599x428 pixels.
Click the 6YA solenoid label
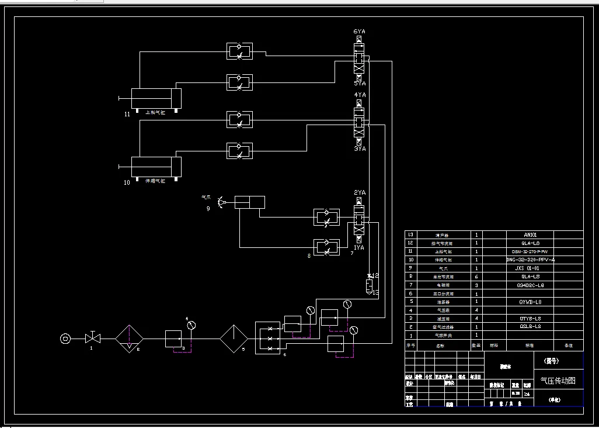tap(360, 31)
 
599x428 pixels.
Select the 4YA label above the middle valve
tap(360, 94)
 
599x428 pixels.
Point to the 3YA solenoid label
tap(360, 149)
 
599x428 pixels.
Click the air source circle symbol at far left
tap(65, 338)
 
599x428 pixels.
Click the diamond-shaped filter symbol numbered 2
tap(129, 338)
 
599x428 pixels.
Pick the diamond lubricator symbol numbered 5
tap(234, 338)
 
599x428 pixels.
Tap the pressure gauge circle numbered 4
tap(191, 325)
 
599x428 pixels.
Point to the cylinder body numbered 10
tap(155, 167)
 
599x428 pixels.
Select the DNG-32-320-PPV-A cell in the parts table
tap(529, 259)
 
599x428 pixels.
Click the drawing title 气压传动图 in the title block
tap(558, 381)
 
